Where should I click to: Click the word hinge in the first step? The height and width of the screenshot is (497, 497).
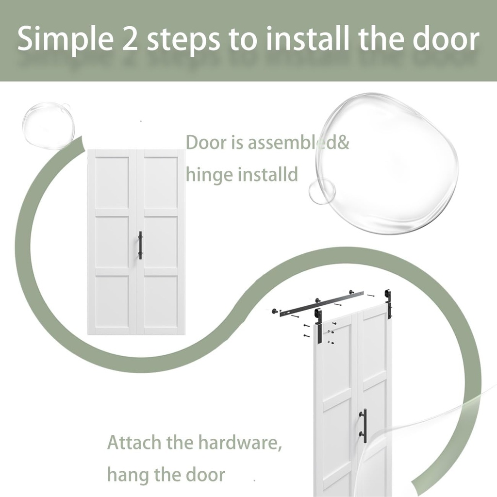click(209, 175)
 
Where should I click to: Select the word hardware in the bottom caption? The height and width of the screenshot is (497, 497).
click(240, 443)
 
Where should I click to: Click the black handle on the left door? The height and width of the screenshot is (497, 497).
click(140, 245)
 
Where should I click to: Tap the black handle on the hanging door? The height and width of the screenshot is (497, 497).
click(364, 425)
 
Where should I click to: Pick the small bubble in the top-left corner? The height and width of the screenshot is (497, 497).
click(48, 125)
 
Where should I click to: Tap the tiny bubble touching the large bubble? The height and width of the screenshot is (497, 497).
click(322, 191)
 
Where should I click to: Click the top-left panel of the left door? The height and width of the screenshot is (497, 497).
click(112, 182)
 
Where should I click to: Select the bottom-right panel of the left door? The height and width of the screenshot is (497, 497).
click(161, 301)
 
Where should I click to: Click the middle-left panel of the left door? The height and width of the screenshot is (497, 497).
click(112, 242)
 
